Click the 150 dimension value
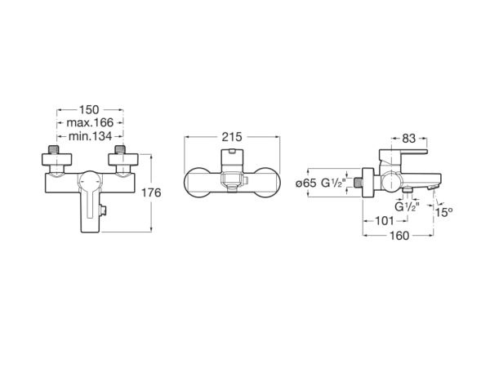[x=89, y=110]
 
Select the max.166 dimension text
[x=90, y=122]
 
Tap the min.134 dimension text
[x=90, y=136]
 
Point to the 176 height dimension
[x=151, y=192]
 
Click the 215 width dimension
[x=232, y=137]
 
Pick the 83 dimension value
[x=409, y=139]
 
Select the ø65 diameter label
[x=306, y=183]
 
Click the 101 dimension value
[x=385, y=221]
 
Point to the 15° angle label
[x=444, y=213]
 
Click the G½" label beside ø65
[x=333, y=183]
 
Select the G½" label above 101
[x=408, y=207]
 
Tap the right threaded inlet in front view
[x=120, y=149]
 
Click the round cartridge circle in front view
[x=91, y=182]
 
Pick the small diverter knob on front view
[x=103, y=210]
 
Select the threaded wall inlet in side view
[x=358, y=183]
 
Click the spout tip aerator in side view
[x=434, y=187]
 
